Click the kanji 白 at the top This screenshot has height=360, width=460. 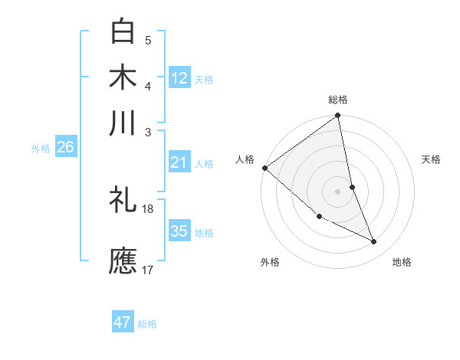[123, 32]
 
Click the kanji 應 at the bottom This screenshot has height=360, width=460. [123, 260]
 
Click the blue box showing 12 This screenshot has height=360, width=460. [179, 77]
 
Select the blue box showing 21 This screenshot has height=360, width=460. [179, 162]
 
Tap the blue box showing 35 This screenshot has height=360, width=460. [179, 231]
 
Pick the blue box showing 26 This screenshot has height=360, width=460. [65, 147]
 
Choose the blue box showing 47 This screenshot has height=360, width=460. [123, 322]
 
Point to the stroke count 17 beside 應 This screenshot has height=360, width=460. [148, 269]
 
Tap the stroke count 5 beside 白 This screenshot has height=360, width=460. [148, 41]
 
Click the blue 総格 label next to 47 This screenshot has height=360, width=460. [147, 324]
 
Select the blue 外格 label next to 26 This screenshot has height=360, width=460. [40, 149]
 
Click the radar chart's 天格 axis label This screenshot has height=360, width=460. [431, 159]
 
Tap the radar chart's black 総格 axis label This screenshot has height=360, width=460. [337, 100]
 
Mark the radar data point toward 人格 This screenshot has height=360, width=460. [264, 168]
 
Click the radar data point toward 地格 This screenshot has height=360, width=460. [374, 242]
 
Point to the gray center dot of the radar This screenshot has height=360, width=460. [337, 191]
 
